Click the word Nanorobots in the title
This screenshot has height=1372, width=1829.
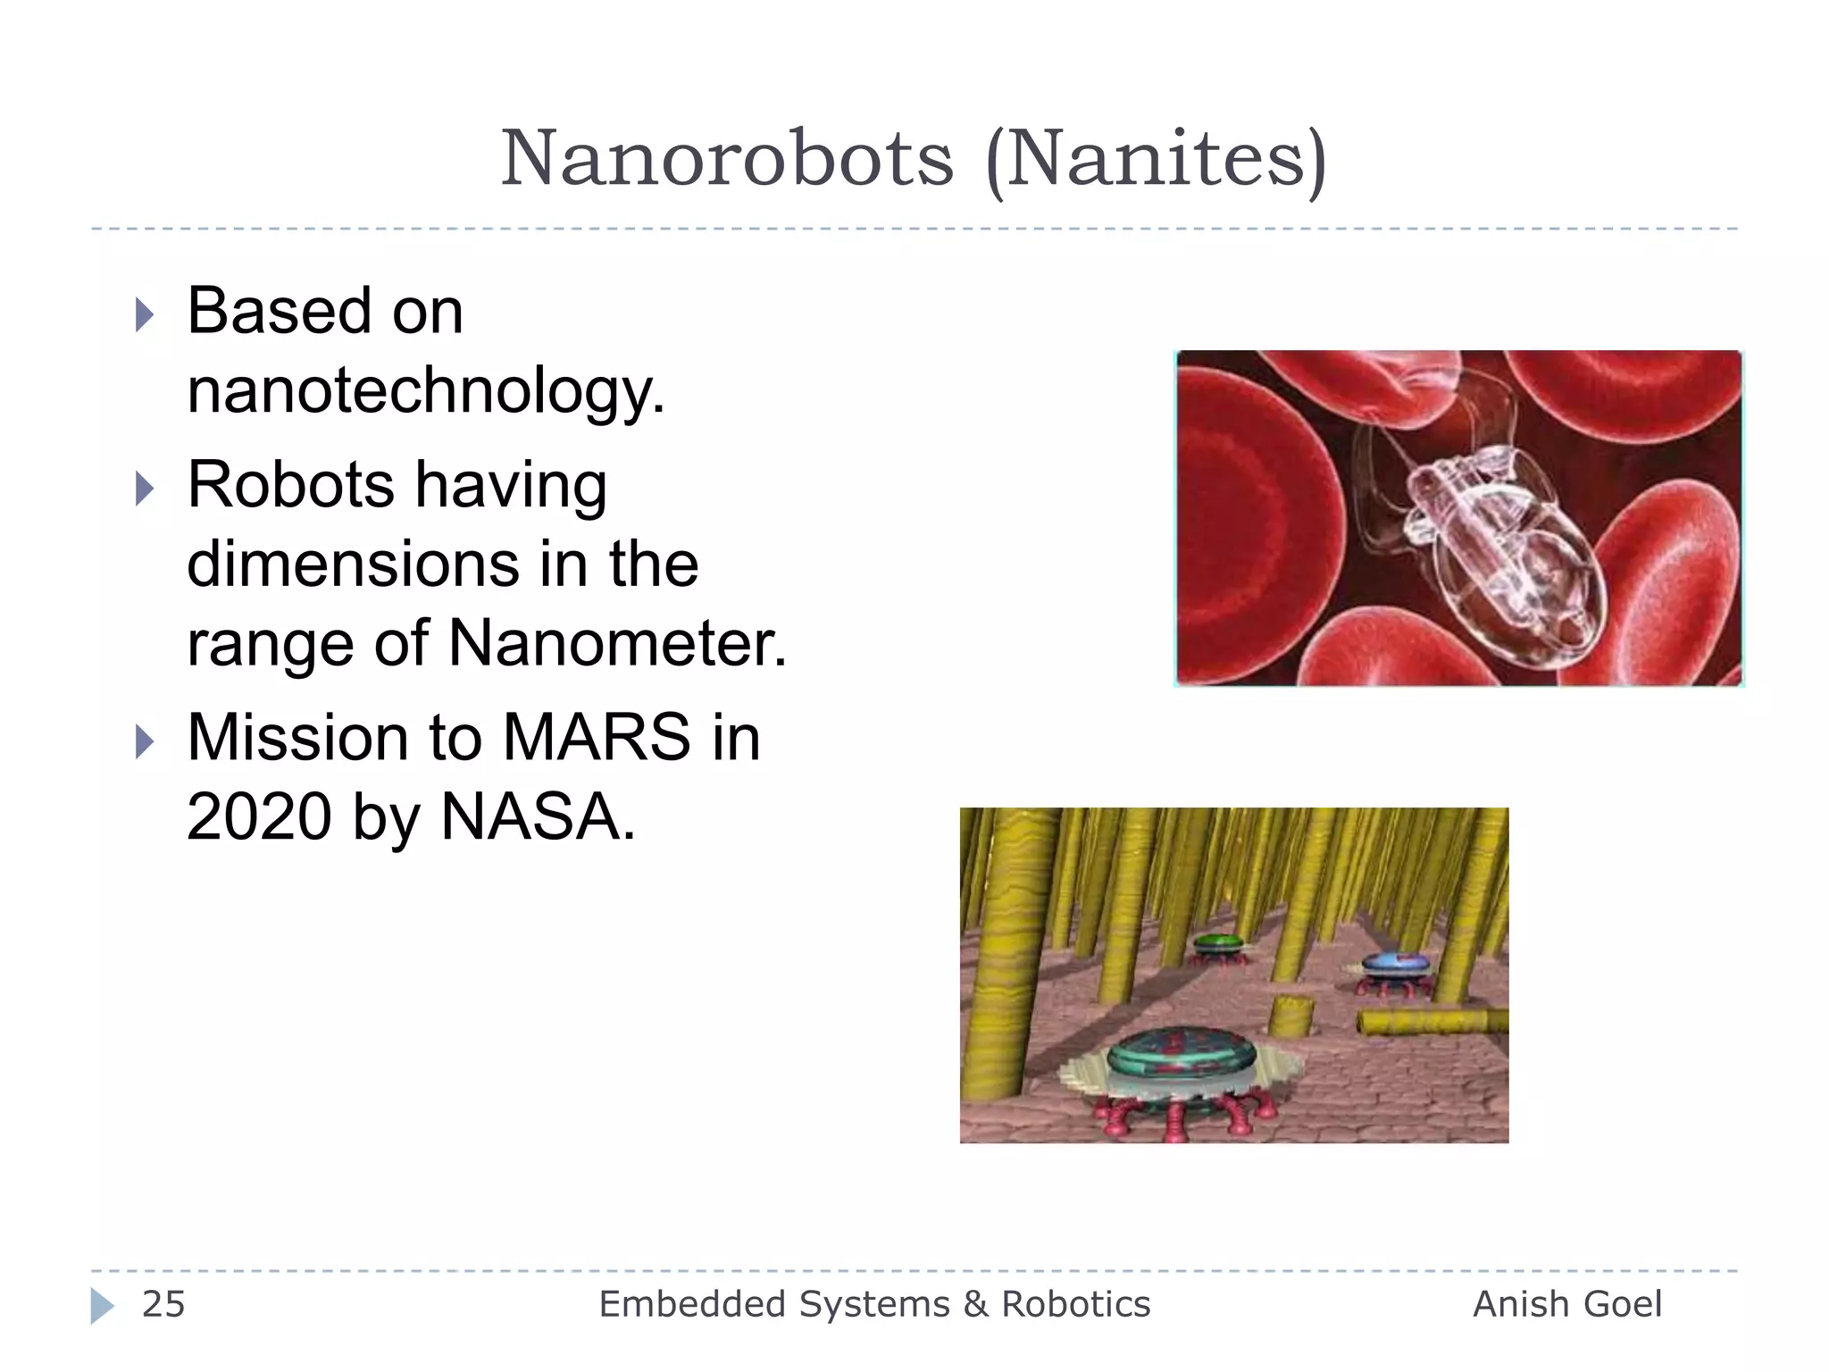(727, 159)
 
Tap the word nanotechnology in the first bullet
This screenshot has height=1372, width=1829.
(425, 391)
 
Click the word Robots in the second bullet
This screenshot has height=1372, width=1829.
(289, 485)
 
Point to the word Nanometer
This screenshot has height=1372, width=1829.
(617, 643)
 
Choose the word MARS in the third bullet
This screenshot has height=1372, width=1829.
(596, 738)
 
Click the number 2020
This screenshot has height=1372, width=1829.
(259, 816)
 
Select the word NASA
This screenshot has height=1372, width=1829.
(538, 816)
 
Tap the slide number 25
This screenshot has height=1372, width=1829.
(163, 1304)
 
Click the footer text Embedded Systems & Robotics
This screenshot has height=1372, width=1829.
(874, 1304)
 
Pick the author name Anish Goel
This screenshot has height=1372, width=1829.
(1566, 1304)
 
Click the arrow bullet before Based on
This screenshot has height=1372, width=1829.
(145, 314)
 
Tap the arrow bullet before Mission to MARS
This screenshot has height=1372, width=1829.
(145, 741)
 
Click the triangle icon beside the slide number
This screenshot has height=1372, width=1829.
(102, 1306)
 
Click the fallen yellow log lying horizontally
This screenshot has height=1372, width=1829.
(1429, 1021)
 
